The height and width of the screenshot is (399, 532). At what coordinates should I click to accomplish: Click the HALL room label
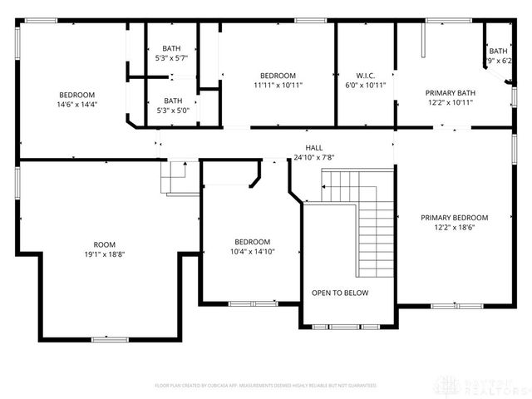[314, 147]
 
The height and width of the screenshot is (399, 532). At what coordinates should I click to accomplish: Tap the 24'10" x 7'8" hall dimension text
[314, 157]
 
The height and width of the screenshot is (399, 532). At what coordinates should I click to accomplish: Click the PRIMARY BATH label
[450, 93]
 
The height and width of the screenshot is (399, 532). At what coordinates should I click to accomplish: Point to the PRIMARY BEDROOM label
[454, 217]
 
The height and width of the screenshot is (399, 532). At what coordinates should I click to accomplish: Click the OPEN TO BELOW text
[340, 293]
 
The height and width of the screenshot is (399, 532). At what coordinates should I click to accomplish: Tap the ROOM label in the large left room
[104, 244]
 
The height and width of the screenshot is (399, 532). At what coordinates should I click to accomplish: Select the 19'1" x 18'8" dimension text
[104, 254]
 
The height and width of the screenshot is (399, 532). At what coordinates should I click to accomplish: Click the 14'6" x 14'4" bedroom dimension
[76, 105]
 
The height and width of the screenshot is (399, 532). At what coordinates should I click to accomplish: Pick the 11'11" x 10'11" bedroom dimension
[278, 85]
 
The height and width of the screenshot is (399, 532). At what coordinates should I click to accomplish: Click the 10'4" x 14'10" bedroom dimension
[252, 251]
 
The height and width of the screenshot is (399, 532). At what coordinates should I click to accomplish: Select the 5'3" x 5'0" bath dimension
[171, 110]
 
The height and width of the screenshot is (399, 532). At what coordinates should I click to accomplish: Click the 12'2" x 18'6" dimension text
[454, 227]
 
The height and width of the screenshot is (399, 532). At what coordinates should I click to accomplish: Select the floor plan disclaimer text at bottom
[266, 386]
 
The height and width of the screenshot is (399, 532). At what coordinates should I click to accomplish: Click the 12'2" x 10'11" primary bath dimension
[450, 103]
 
